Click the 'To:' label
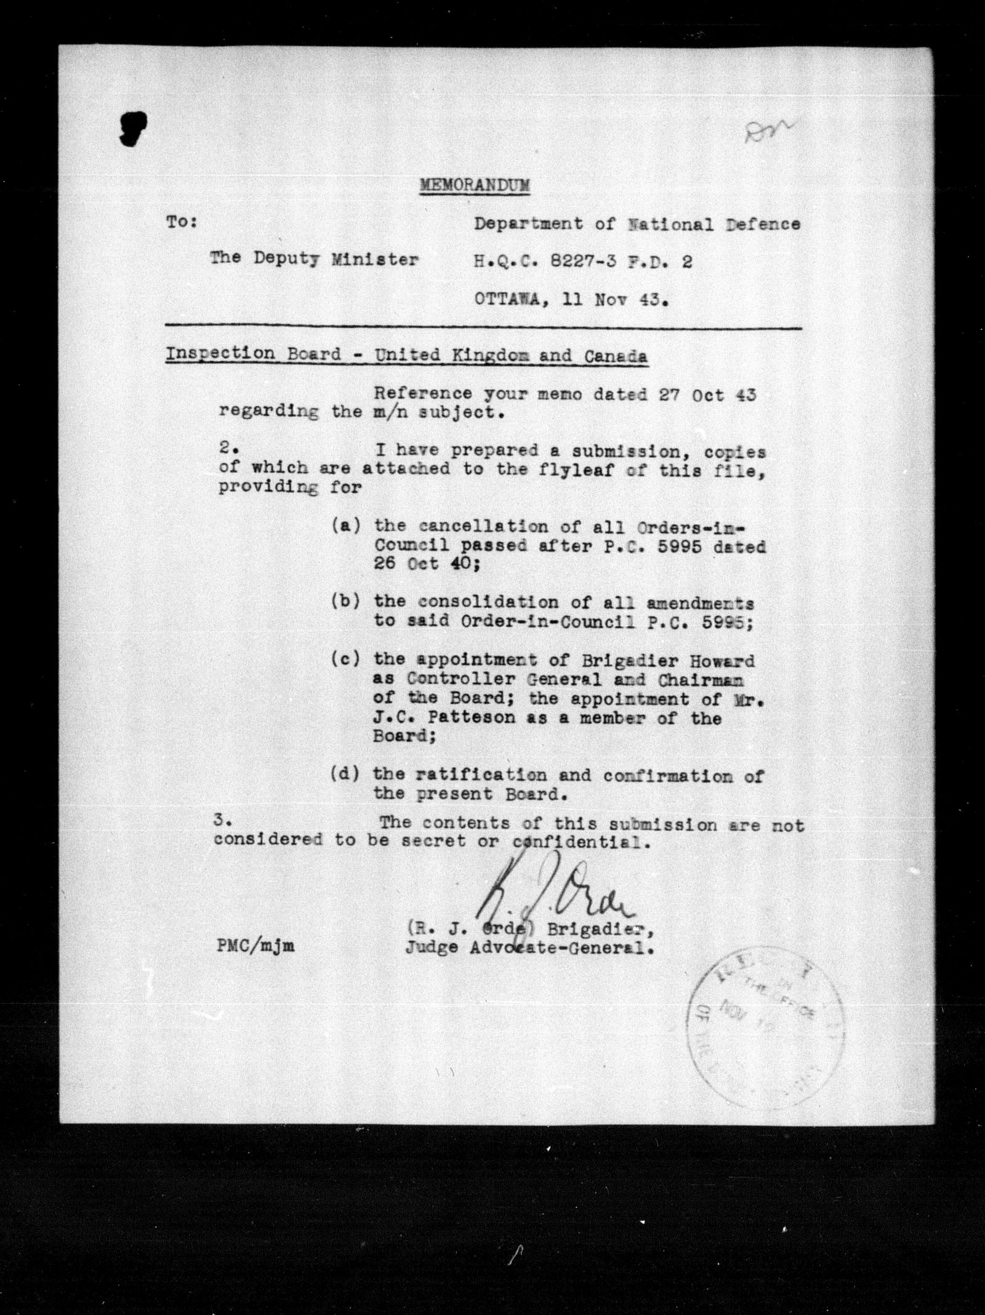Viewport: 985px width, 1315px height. click(180, 223)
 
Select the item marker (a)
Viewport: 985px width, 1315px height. click(346, 526)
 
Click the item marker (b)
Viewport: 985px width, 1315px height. click(346, 601)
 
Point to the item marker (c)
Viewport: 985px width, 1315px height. click(346, 659)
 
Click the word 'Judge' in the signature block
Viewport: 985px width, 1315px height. click(431, 964)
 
